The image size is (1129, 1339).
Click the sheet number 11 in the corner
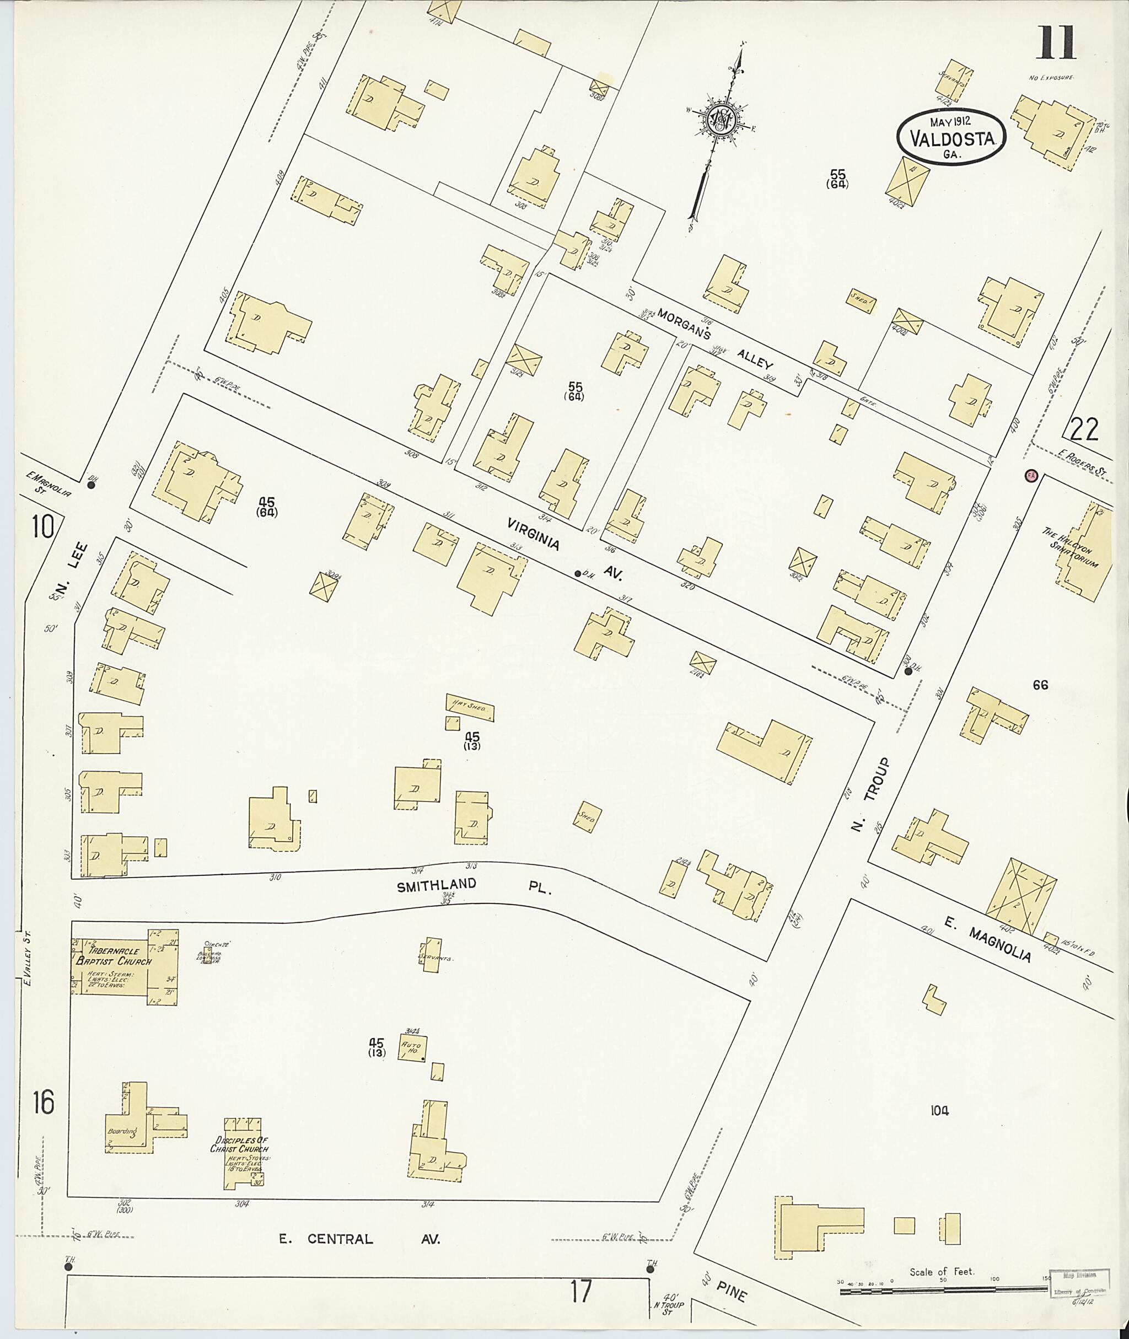1056,43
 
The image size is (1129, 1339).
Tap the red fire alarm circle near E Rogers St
1030,476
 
